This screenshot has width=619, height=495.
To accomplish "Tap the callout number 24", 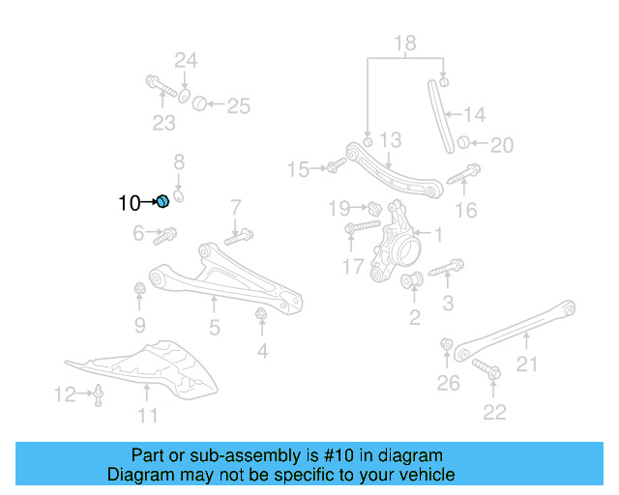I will pos(185,60).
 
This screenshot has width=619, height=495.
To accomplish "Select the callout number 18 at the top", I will pos(404,42).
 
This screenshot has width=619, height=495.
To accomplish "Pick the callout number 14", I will pos(474,114).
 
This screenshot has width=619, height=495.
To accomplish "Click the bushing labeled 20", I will pos(464,144).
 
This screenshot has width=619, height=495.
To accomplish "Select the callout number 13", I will pos(389,141).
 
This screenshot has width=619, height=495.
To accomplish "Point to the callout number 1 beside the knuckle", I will pos(437,234).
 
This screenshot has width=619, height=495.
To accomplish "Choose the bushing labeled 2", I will pos(411,282).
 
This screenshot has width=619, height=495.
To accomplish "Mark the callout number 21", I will pos(526,364).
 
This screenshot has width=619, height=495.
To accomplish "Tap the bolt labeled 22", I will pos(486,368).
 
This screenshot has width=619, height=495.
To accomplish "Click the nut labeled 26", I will pos(446,344).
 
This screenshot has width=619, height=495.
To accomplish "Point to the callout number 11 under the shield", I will pos(146,417).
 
